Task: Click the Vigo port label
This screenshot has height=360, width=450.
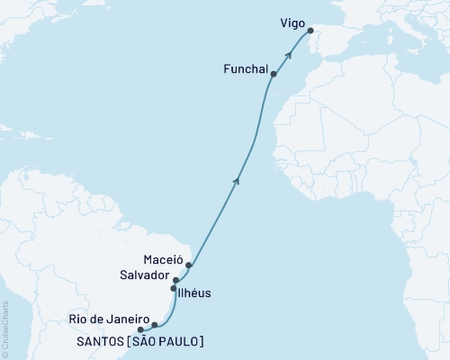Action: click(x=292, y=15)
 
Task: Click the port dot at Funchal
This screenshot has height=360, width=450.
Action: click(x=274, y=75)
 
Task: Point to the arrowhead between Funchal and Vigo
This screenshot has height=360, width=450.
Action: click(x=289, y=53)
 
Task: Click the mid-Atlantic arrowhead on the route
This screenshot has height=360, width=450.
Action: click(x=238, y=181)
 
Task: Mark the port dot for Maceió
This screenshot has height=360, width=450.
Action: click(x=189, y=265)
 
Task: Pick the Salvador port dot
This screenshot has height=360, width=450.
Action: click(x=176, y=281)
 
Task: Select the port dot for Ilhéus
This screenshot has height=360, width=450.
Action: click(x=174, y=289)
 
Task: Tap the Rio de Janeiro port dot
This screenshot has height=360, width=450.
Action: click(x=155, y=324)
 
